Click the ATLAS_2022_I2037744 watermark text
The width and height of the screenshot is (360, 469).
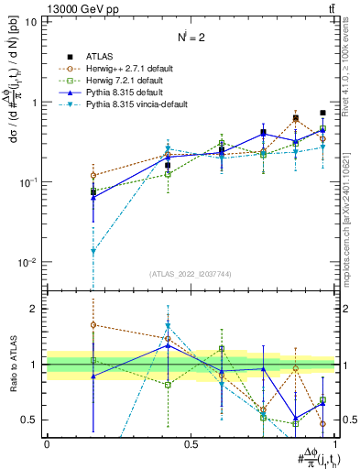click(191, 274)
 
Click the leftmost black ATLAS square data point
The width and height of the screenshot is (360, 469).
click(93, 191)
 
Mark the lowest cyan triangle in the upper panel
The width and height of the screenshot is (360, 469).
click(93, 251)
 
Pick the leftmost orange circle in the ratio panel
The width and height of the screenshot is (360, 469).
click(93, 325)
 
